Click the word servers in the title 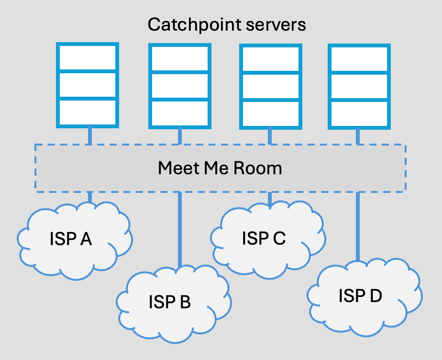(x=276, y=25)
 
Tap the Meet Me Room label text (x=220, y=168)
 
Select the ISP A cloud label (x=71, y=239)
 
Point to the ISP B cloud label (x=170, y=302)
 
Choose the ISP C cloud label (x=264, y=238)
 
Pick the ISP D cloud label (x=360, y=296)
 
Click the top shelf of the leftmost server (x=88, y=57)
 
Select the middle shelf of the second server (x=180, y=86)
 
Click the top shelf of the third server (x=271, y=59)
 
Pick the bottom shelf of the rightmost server (x=359, y=114)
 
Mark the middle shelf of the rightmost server (x=359, y=87)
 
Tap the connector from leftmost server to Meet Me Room (x=90, y=135)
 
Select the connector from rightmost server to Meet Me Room (x=358, y=137)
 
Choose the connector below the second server (x=180, y=136)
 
